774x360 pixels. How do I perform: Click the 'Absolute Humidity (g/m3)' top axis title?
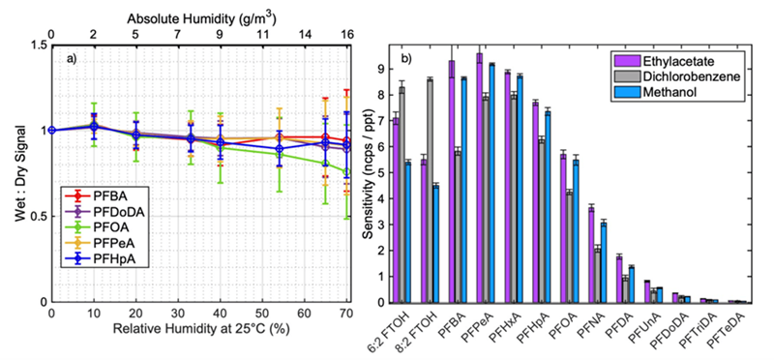[x=197, y=8]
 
